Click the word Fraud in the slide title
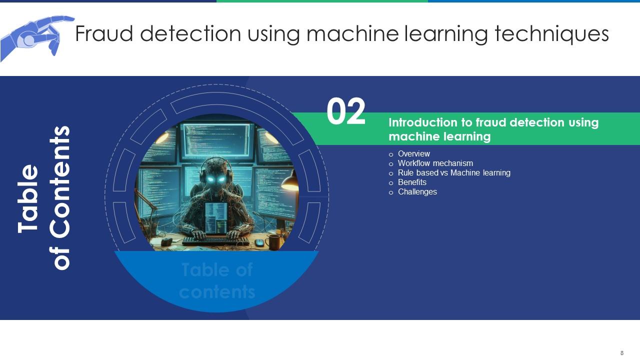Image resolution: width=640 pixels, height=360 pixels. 103,34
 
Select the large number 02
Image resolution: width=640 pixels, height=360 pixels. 346,112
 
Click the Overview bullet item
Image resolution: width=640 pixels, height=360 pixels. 413,154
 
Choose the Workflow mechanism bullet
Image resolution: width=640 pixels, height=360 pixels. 435,163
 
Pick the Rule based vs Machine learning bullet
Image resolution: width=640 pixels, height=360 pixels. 453,173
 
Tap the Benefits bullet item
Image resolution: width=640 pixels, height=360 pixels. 412,182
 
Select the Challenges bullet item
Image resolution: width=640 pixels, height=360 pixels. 417,192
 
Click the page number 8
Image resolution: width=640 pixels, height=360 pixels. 622,353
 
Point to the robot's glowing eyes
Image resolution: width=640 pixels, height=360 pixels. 216,179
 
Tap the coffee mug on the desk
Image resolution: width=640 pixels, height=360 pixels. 273,241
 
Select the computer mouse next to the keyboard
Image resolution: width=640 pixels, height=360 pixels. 259,242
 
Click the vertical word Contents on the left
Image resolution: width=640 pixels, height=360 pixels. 61,197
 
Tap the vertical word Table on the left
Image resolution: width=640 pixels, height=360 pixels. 29,198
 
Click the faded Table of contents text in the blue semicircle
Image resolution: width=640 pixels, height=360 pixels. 217,281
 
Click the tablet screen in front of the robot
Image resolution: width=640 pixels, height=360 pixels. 216,218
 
